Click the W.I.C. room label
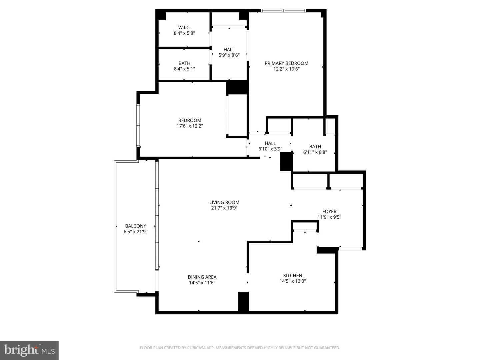coord(184,27)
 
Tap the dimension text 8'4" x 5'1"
coord(184,69)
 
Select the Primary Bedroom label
coord(286,63)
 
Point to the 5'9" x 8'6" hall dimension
coord(229,55)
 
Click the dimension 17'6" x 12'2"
coord(190,126)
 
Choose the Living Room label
coord(224,202)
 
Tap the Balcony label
coord(136,226)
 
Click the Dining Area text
coord(202,277)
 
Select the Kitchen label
coord(293,275)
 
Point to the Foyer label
coord(329,211)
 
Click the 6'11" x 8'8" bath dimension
coord(315,152)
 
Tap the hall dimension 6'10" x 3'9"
coord(270,149)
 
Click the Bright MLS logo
coord(29,350)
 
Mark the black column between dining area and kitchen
coord(243,302)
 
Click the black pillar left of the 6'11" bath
coord(286,161)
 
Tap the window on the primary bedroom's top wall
coord(283,11)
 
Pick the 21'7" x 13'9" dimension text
coord(224,208)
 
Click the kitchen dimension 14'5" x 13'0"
coord(293,281)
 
